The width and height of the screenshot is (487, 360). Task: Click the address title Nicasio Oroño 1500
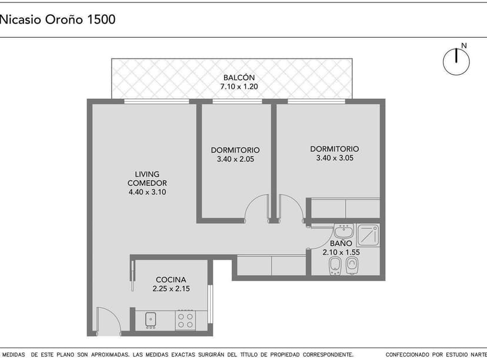point(58,19)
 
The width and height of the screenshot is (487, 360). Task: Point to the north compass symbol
point(456,61)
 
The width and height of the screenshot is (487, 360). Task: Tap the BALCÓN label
point(239,78)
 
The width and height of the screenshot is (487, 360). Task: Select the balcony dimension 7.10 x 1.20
point(239,86)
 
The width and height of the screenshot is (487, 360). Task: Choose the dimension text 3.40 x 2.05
point(235,159)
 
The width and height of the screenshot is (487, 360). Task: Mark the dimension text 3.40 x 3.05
point(334,158)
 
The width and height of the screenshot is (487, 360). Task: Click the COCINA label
point(171,279)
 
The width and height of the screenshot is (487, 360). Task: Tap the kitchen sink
point(151,320)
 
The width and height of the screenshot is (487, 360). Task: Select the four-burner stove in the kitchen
point(186,320)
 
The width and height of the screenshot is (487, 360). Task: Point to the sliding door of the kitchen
point(133,274)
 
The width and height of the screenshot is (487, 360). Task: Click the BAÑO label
point(341,243)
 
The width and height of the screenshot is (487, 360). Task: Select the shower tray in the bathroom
point(369,235)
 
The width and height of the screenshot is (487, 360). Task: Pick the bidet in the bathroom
point(335,265)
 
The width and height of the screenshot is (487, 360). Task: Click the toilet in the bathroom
point(352,265)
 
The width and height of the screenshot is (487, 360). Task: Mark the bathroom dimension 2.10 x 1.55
point(341,252)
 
